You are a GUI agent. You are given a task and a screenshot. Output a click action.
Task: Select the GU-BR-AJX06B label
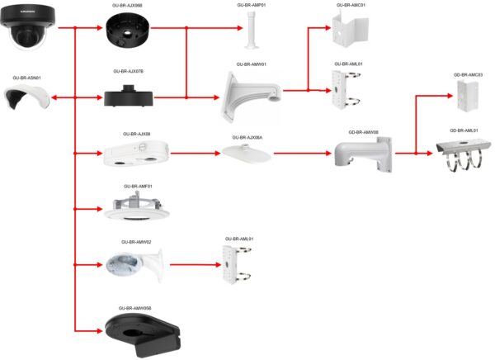(126, 5)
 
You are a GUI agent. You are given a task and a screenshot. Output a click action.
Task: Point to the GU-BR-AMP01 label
(251, 5)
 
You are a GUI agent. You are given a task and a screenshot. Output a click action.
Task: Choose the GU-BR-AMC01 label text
(351, 5)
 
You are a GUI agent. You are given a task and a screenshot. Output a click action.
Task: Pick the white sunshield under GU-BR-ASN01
(27, 102)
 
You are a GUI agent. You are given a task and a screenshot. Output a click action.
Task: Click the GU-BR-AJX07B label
(127, 72)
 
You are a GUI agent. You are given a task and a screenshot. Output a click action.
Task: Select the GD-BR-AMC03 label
(468, 75)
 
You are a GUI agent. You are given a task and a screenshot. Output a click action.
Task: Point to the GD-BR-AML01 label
(464, 130)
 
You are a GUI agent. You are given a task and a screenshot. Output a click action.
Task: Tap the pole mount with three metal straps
(466, 154)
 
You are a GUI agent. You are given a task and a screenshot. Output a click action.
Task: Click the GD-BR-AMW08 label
(363, 131)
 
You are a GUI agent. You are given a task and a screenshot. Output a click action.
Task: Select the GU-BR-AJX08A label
(247, 138)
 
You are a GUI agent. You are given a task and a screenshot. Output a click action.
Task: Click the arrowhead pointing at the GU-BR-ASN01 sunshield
(55, 98)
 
